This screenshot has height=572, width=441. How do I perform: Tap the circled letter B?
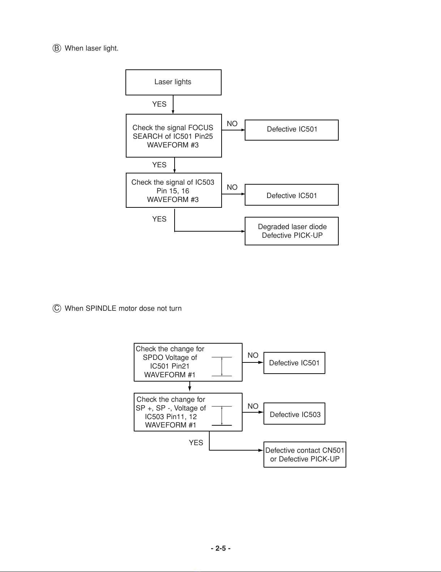[x=57, y=48]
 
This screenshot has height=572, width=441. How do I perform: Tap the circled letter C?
[x=57, y=308]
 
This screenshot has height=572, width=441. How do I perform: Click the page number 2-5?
[x=220, y=548]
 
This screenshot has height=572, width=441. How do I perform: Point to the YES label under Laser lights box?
[x=159, y=104]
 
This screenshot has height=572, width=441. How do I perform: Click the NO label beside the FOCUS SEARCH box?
[x=232, y=124]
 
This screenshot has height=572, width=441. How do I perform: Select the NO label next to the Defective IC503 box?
[x=253, y=406]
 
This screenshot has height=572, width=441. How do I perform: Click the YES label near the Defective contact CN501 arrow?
[x=196, y=443]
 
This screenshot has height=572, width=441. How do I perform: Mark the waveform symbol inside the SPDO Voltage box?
[x=222, y=366]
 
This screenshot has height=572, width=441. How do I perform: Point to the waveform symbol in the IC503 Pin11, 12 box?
[x=222, y=416]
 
